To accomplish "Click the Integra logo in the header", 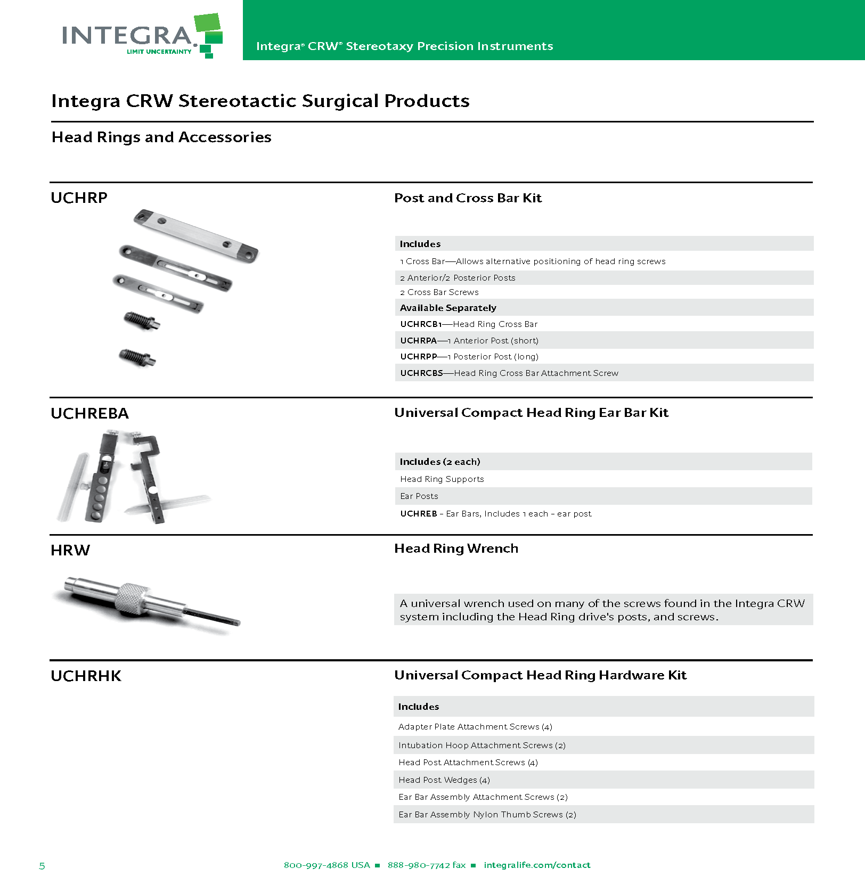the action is point(142,35).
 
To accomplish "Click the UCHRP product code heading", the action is point(79,198).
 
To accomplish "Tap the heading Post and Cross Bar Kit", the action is point(468,198).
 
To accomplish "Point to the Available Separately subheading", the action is point(448,308).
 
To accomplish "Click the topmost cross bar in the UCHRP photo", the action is point(195,235).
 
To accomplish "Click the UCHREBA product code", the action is point(89,413).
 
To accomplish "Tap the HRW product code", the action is point(70,550).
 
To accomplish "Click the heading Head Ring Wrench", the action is point(456,548).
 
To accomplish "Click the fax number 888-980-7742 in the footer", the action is point(427,865).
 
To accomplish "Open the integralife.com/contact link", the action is point(537,865).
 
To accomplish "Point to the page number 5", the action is point(42,866).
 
